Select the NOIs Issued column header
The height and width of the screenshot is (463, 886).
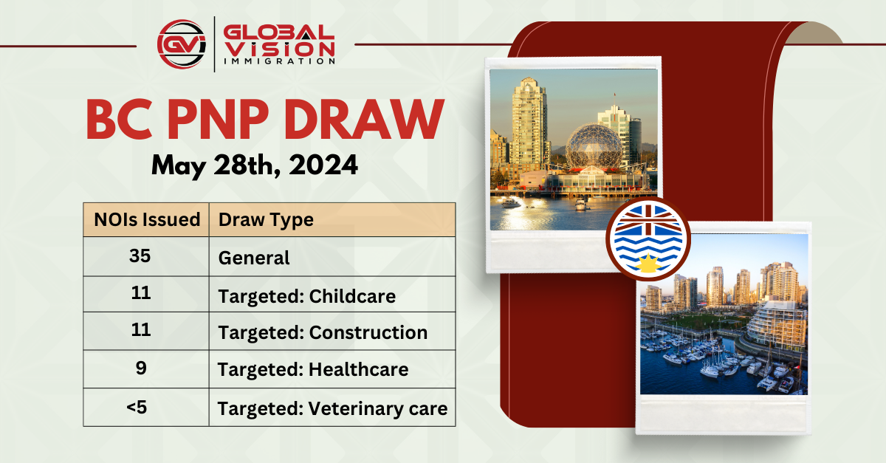pos(147,219)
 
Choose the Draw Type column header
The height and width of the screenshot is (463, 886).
pos(266,219)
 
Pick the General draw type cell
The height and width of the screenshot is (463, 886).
pos(254,258)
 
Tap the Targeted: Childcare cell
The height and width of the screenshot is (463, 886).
pos(306,296)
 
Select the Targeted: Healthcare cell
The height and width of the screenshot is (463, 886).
pos(313,368)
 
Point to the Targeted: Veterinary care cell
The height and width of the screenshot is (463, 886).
pos(332,408)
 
